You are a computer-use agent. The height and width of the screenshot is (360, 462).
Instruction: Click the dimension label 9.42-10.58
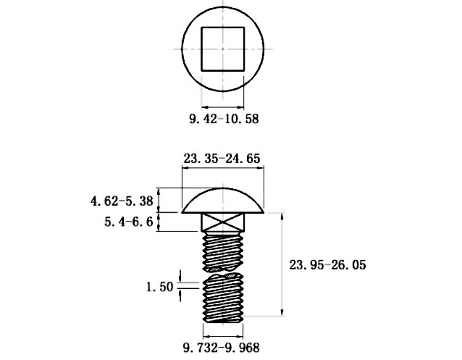tap(224, 119)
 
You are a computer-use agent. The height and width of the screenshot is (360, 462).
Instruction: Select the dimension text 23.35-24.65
tap(222, 159)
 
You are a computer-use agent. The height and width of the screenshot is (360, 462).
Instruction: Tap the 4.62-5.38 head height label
tap(122, 201)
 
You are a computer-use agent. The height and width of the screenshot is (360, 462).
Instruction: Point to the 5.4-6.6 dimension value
tap(129, 222)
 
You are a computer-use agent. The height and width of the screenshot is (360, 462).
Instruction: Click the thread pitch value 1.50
tap(160, 287)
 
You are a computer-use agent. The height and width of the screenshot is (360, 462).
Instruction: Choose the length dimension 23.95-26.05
tap(327, 264)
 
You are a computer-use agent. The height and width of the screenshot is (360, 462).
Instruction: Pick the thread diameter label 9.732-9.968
tap(222, 347)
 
